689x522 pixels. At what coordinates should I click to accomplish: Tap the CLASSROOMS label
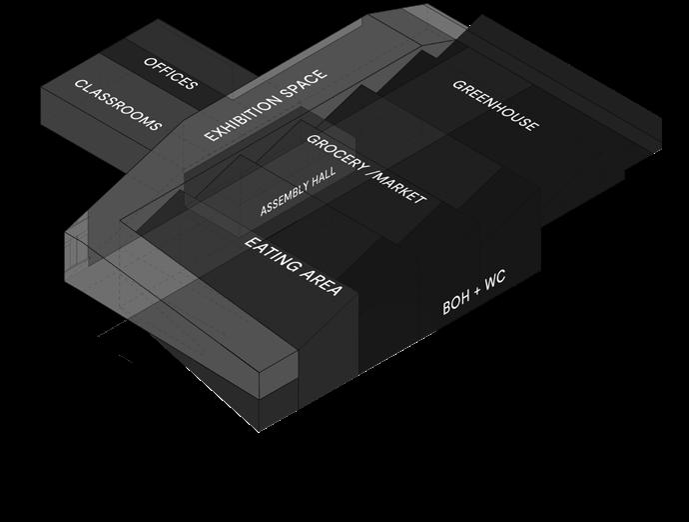(x=118, y=105)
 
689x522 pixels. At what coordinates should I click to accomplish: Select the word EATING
(x=273, y=256)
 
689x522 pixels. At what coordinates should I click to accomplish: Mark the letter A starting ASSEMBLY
(x=264, y=211)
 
